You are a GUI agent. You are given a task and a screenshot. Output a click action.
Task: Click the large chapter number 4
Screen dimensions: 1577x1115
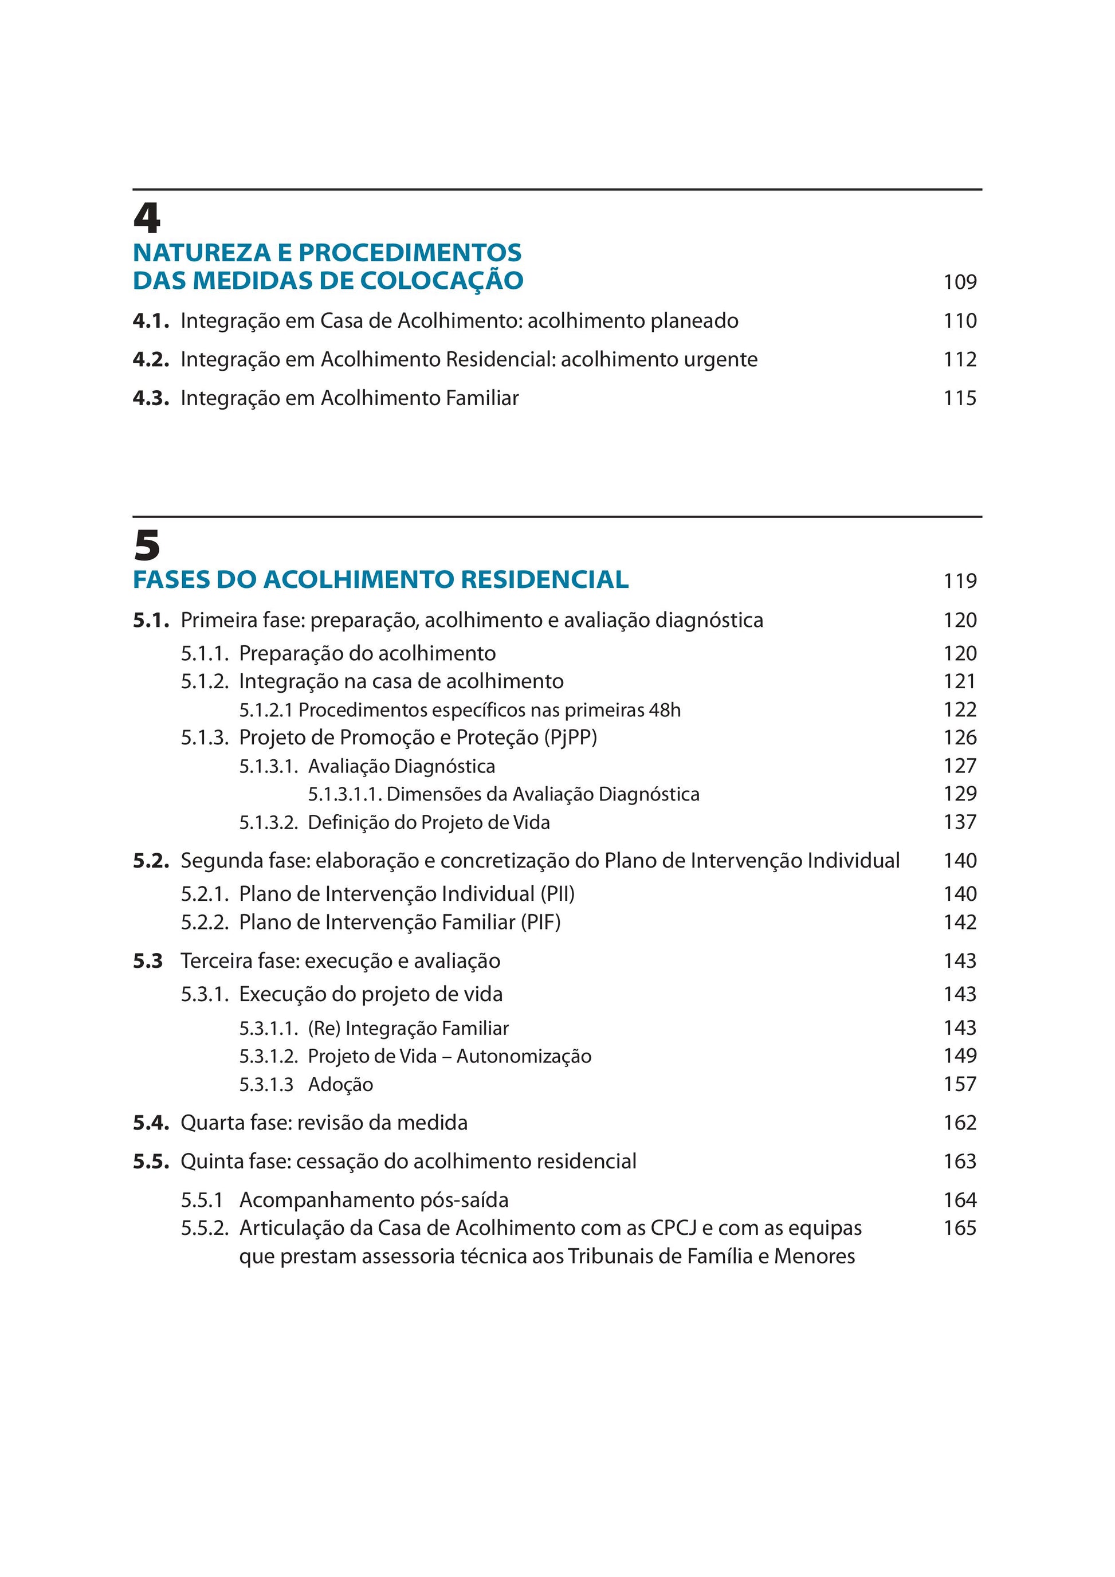146,218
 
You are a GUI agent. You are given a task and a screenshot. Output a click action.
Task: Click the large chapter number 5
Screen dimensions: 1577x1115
146,546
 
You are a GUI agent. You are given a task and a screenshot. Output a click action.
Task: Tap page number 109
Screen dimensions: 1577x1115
959,281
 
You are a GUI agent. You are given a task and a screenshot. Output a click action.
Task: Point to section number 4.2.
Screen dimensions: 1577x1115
150,359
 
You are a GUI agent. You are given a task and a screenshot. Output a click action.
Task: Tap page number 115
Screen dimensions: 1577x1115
959,398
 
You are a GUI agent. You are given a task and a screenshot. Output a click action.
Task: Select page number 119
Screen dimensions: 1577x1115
959,581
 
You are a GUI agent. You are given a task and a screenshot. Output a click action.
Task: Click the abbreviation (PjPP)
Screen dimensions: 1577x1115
571,737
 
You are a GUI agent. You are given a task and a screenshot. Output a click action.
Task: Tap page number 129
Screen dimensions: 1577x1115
959,793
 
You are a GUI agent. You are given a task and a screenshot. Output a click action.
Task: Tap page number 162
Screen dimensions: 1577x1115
959,1123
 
